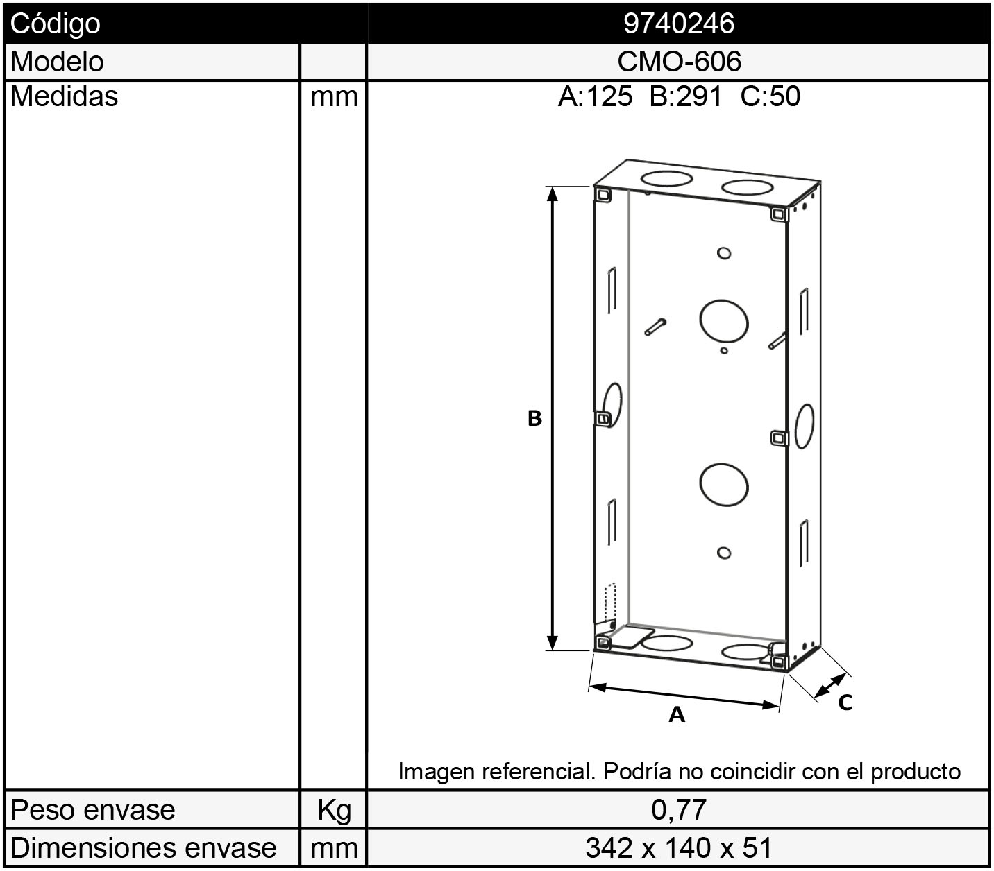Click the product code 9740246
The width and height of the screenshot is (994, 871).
(679, 23)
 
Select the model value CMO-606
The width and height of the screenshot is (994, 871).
(679, 61)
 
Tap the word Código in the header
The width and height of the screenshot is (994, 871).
(55, 24)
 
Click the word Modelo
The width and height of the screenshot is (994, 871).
(57, 62)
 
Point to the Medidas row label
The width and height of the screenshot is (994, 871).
(65, 96)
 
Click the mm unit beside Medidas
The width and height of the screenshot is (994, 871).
(334, 97)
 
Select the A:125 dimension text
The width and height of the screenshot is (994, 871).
(595, 96)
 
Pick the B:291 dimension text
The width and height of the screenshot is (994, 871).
(686, 96)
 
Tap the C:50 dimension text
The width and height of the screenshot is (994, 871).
(770, 96)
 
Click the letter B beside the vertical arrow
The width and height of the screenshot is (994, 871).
(534, 418)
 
